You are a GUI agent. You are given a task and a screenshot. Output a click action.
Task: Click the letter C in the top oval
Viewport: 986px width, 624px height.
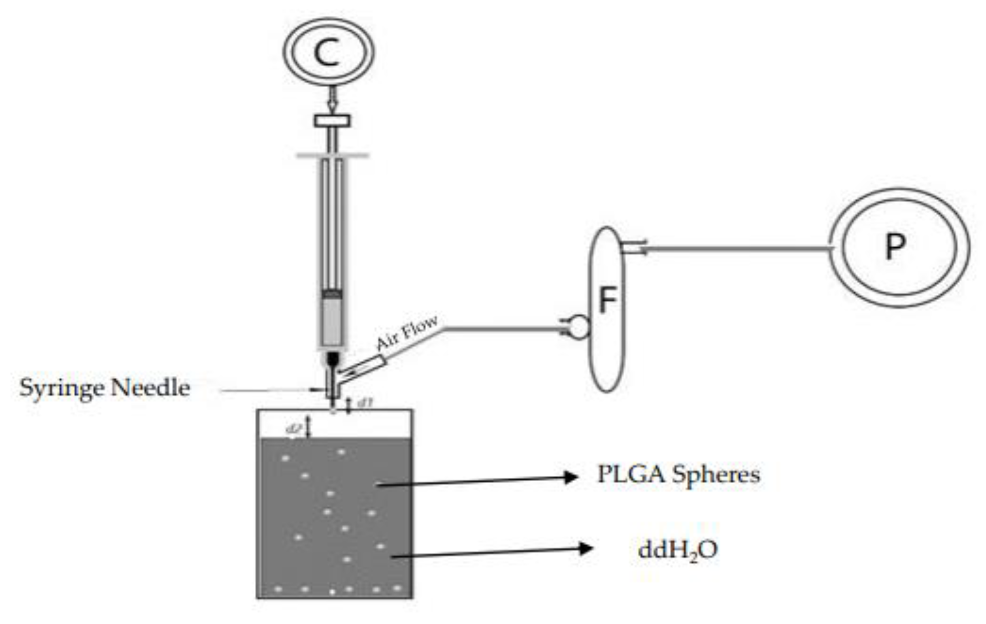click(327, 53)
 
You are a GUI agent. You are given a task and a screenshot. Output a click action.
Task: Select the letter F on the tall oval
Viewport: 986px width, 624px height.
click(608, 300)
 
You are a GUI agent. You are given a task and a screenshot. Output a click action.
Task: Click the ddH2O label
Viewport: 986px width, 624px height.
click(678, 550)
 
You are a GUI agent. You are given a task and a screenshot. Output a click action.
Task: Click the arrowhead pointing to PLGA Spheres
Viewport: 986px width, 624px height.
click(571, 477)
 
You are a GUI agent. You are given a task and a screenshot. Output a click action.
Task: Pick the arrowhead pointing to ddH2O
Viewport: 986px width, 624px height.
click(586, 548)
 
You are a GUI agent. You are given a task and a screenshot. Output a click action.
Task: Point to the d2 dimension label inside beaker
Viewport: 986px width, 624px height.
click(294, 429)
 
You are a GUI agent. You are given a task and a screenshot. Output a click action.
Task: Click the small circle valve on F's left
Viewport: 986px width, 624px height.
click(579, 327)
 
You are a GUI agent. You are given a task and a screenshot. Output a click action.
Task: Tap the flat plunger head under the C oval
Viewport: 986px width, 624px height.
click(332, 121)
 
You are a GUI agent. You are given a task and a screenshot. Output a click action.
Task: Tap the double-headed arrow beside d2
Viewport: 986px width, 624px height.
click(309, 426)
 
